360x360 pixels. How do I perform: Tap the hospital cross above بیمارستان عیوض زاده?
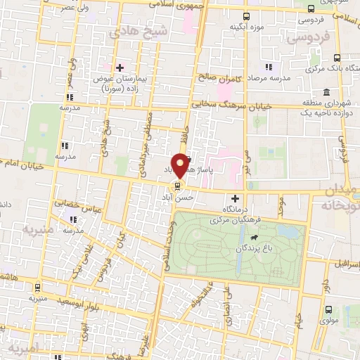click(x=120, y=67)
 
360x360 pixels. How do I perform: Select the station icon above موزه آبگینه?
click(x=245, y=16)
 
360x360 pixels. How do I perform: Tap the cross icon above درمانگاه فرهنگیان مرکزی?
click(x=236, y=199)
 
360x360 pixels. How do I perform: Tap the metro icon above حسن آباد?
click(x=176, y=186)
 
